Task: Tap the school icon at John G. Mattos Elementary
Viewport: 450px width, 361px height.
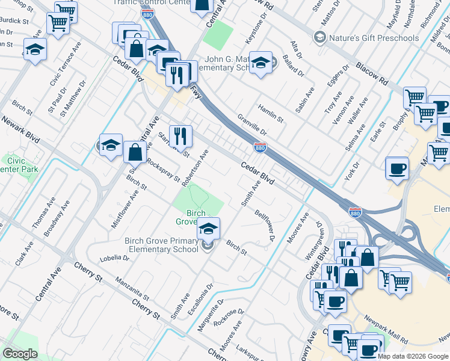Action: coord(260,63)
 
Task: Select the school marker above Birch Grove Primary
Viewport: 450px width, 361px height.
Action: coord(208,229)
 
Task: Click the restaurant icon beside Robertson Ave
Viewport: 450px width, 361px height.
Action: coord(180,137)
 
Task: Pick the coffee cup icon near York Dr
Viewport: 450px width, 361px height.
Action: coord(396,168)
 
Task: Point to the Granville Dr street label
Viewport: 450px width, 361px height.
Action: coord(251,125)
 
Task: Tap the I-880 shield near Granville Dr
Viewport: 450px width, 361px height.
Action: coord(260,147)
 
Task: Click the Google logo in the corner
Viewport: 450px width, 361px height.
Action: coord(20,354)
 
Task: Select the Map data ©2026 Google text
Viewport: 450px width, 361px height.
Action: coord(413,356)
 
